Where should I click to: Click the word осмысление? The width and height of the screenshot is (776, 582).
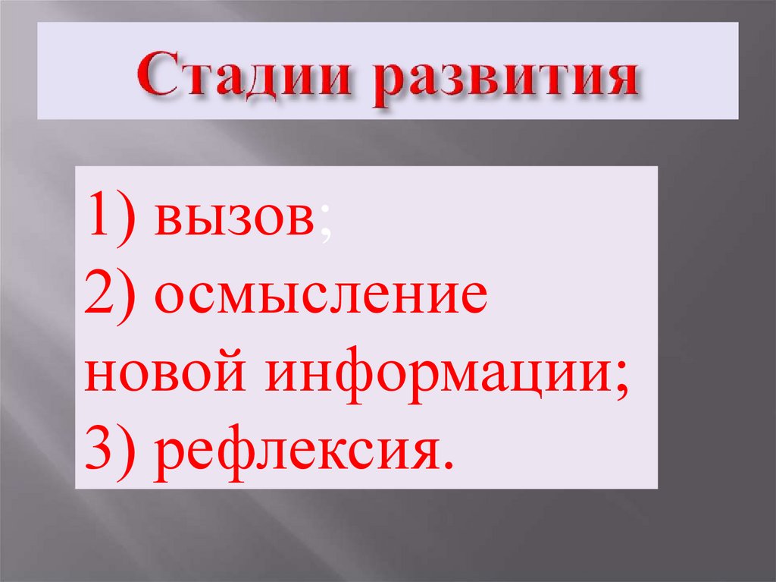(x=319, y=297)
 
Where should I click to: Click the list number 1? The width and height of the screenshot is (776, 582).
(x=99, y=217)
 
